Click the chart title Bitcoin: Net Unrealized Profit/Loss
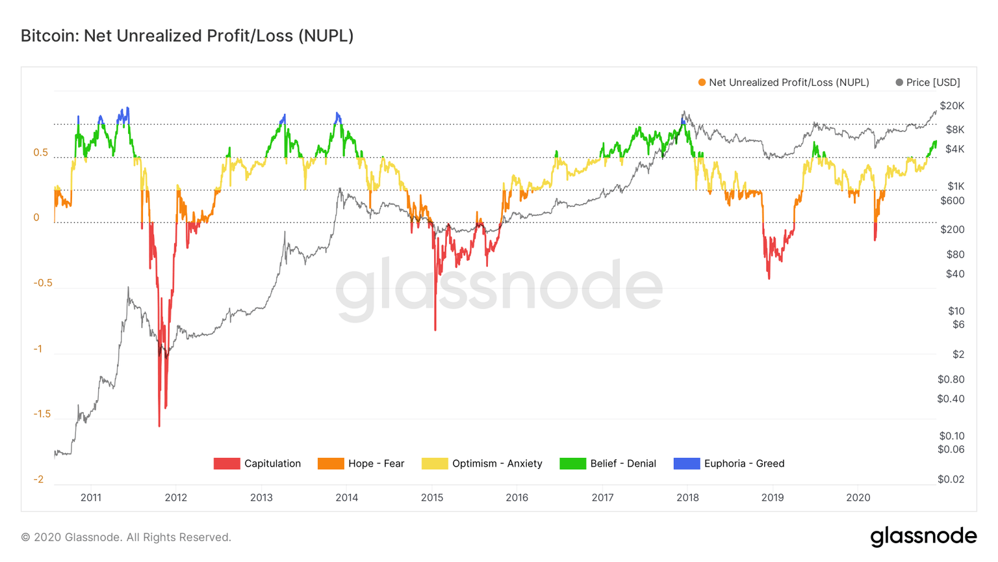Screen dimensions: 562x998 pyautogui.click(x=187, y=36)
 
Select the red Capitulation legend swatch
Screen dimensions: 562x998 pyautogui.click(x=226, y=463)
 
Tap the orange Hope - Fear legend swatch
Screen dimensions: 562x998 pyautogui.click(x=330, y=463)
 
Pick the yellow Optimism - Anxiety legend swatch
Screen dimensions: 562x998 pyautogui.click(x=434, y=463)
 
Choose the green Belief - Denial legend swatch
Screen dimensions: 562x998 pyautogui.click(x=572, y=463)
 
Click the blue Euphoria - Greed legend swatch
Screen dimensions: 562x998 pyautogui.click(x=686, y=463)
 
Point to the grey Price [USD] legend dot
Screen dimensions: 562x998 pyautogui.click(x=899, y=83)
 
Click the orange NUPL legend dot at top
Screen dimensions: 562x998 pyautogui.click(x=702, y=83)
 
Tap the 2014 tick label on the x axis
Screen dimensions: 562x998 pyautogui.click(x=346, y=498)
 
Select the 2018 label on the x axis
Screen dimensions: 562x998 pyautogui.click(x=687, y=498)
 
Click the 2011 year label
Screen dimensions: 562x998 pyautogui.click(x=91, y=498)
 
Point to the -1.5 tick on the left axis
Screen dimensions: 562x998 pyautogui.click(x=42, y=414)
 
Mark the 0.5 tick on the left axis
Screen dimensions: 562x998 pyautogui.click(x=40, y=153)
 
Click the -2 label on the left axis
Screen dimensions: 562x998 pyautogui.click(x=38, y=479)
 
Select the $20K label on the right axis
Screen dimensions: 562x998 pyautogui.click(x=952, y=106)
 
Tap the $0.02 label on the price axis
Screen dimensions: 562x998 pyautogui.click(x=951, y=479)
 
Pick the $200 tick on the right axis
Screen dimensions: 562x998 pyautogui.click(x=953, y=230)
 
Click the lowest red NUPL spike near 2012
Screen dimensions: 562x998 pyautogui.click(x=159, y=425)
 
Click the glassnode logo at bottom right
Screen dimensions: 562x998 pyautogui.click(x=923, y=537)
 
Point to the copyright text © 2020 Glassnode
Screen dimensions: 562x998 pyautogui.click(x=126, y=537)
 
